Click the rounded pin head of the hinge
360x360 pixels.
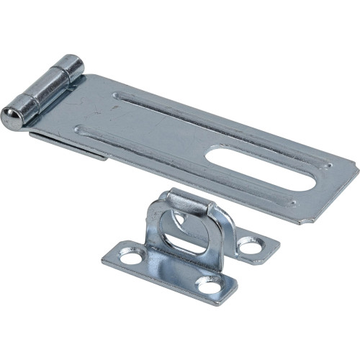coord(11,118)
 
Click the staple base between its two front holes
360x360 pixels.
coord(169,272)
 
